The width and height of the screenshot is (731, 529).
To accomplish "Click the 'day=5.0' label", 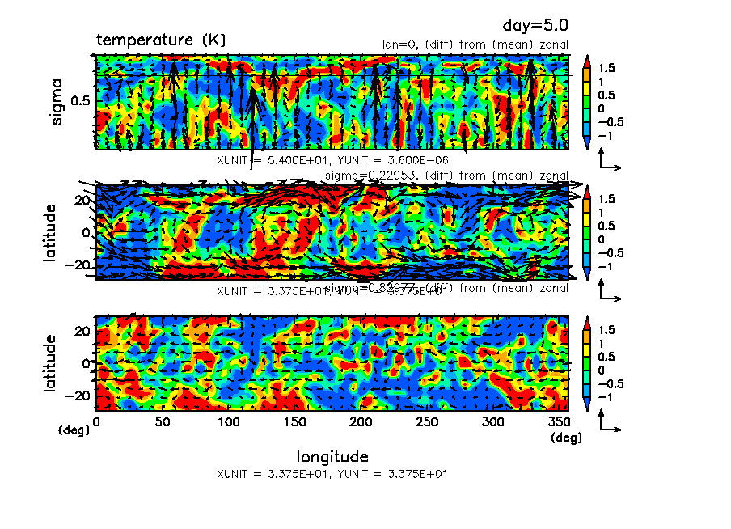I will pos(541,27).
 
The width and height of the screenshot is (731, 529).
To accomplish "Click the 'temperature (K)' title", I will pos(161,40).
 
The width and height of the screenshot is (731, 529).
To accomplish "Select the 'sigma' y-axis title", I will pos(57,101).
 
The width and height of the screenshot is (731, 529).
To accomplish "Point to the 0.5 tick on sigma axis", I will pos(81,100).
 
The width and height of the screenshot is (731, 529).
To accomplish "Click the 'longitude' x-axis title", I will pos(332,456).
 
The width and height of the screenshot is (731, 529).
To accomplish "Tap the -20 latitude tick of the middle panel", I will pos(81,264).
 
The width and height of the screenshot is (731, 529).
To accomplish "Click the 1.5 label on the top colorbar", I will pos(606,69).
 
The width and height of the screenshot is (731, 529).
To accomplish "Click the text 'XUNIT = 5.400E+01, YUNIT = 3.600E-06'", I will pos(332,160).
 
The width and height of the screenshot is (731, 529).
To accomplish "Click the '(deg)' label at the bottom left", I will pos(72,431).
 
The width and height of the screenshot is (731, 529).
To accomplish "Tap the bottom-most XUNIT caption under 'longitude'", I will pos(332,474).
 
